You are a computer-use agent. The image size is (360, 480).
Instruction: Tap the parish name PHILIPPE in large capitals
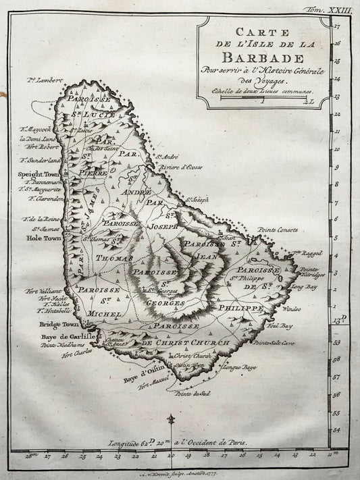[x=239, y=308]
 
